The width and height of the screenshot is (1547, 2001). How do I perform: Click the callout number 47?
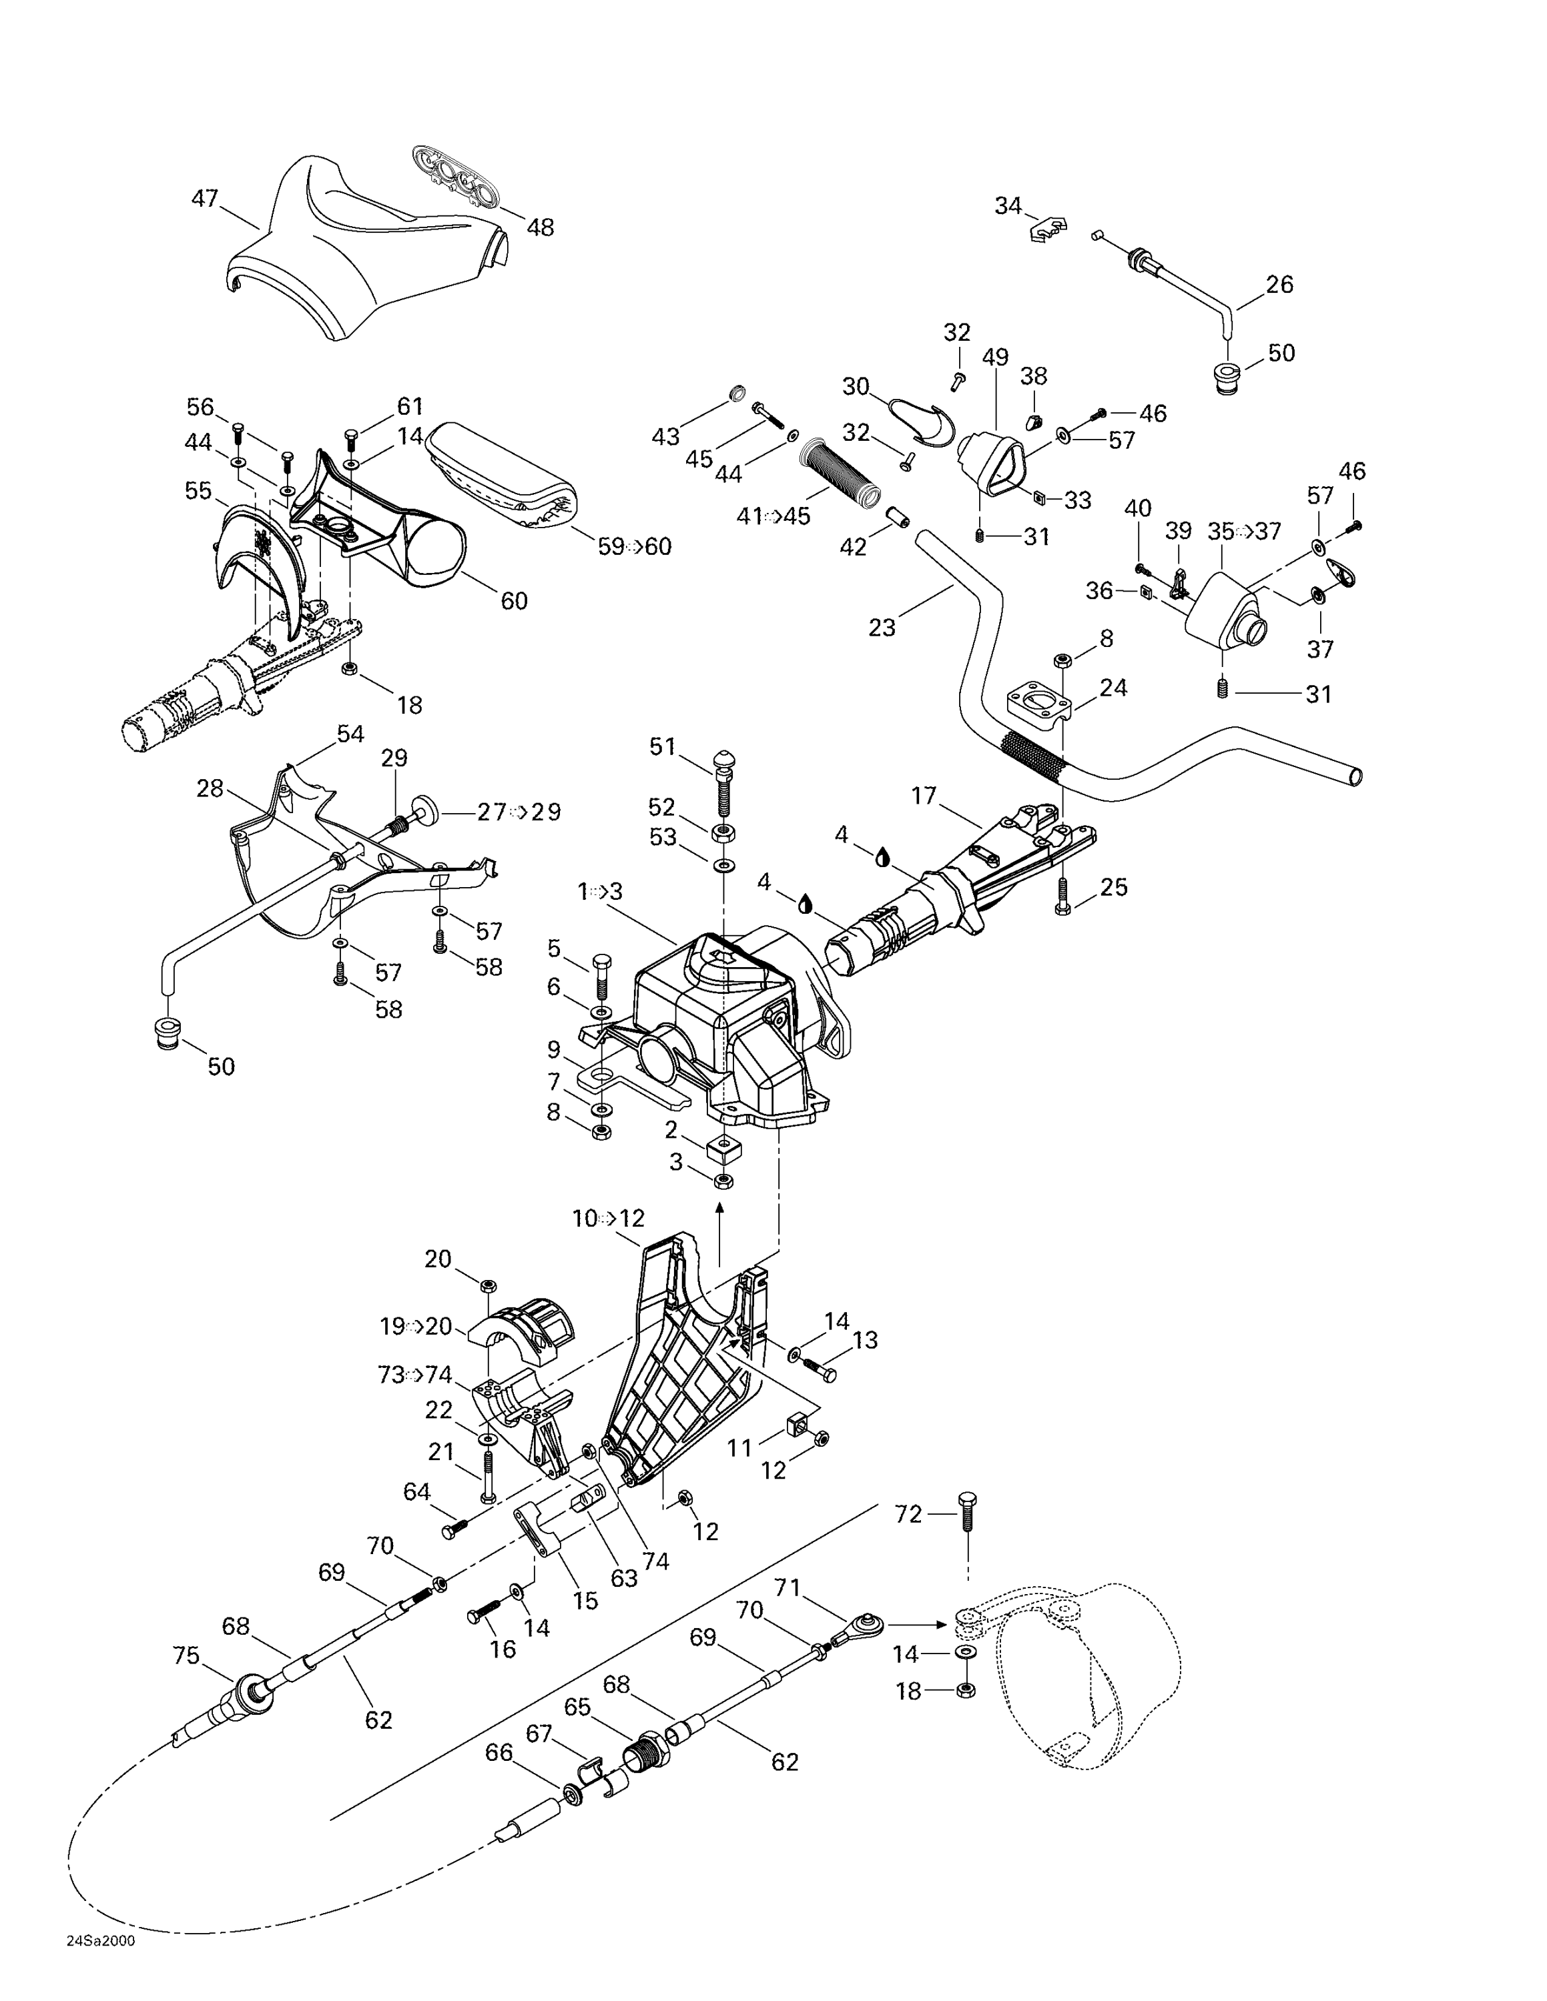(204, 198)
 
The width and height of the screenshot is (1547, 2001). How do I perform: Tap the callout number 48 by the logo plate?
(540, 227)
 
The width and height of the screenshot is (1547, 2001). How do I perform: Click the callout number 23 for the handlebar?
(882, 628)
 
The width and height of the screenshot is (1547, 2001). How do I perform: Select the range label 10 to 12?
(609, 1219)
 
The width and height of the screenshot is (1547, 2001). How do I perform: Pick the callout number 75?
(186, 1655)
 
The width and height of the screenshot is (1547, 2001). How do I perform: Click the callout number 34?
(1008, 206)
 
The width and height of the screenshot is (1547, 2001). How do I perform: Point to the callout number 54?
(350, 734)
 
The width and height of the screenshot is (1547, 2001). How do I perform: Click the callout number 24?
(1113, 687)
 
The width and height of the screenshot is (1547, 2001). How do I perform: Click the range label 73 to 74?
(415, 1374)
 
